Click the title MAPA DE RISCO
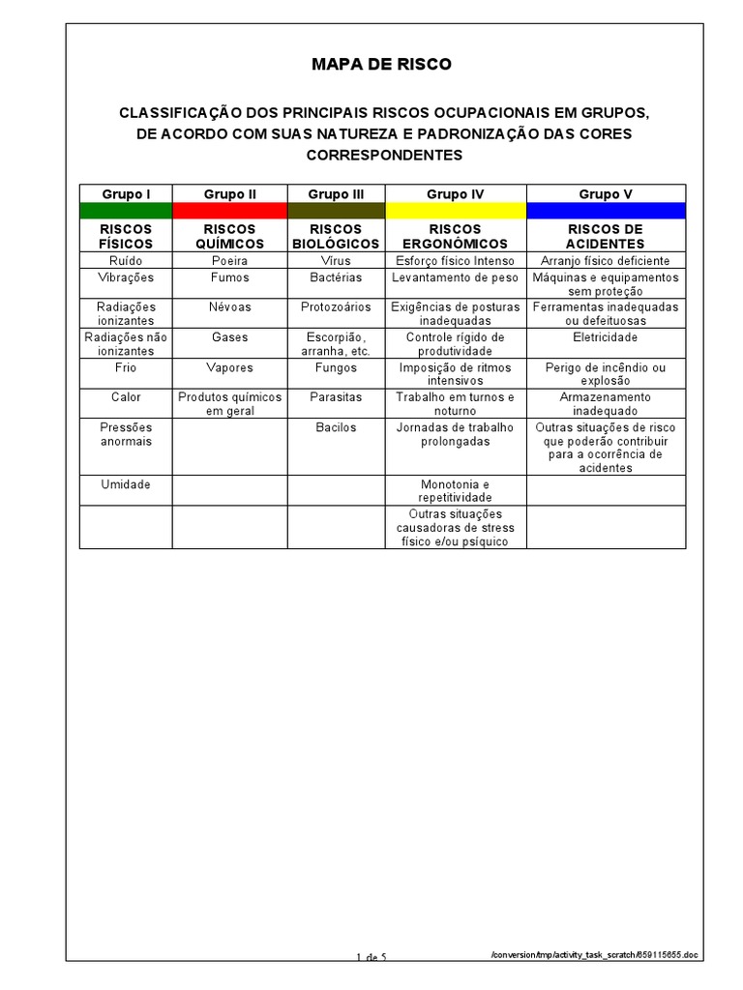point(381,65)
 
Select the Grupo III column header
point(336,194)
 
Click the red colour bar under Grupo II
point(229,210)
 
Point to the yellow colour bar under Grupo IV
point(455,210)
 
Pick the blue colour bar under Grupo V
point(606,210)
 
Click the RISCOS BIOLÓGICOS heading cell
point(336,236)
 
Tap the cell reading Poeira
point(229,261)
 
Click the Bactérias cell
point(336,277)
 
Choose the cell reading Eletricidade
point(606,337)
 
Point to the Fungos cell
point(336,367)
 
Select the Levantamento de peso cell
point(455,277)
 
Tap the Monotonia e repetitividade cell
point(455,490)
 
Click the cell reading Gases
point(229,337)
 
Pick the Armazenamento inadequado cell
point(606,403)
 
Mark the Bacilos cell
point(336,426)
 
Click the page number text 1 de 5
point(371,957)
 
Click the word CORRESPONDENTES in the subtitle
point(384,155)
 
